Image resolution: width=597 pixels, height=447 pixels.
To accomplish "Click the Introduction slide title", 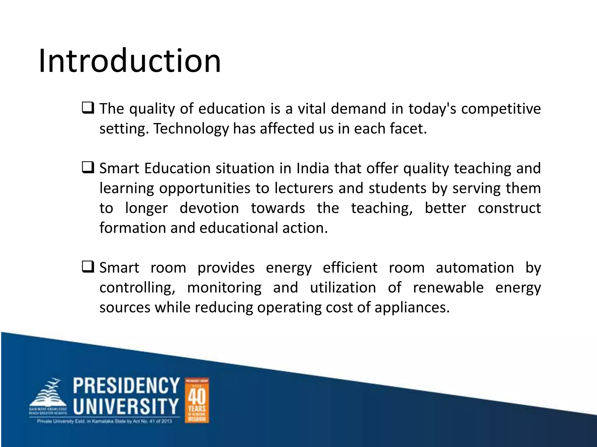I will point(130,61).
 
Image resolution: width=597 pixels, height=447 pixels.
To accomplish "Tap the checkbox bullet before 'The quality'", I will point(88,108).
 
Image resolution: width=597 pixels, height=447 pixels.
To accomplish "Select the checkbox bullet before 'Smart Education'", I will point(88,168).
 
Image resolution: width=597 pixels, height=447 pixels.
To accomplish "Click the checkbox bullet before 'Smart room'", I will point(88,267).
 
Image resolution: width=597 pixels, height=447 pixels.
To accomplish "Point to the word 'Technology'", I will point(191,129).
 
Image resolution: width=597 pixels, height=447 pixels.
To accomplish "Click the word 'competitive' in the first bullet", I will point(501,109).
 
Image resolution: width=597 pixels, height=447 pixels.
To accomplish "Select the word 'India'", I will point(313,168).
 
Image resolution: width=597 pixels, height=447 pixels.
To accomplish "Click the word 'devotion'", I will point(209,208).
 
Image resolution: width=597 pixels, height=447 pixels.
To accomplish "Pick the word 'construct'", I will point(509,208).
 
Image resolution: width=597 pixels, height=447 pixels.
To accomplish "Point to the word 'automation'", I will point(475,268).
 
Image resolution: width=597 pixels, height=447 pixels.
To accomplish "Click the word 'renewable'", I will point(448,288).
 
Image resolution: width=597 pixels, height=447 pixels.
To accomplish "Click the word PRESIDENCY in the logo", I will point(126,386).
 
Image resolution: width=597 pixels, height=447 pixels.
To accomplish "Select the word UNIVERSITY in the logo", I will point(126,406).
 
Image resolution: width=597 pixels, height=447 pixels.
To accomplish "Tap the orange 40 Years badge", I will point(197,400).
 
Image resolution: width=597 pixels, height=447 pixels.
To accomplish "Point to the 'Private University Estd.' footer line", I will point(104,421).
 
